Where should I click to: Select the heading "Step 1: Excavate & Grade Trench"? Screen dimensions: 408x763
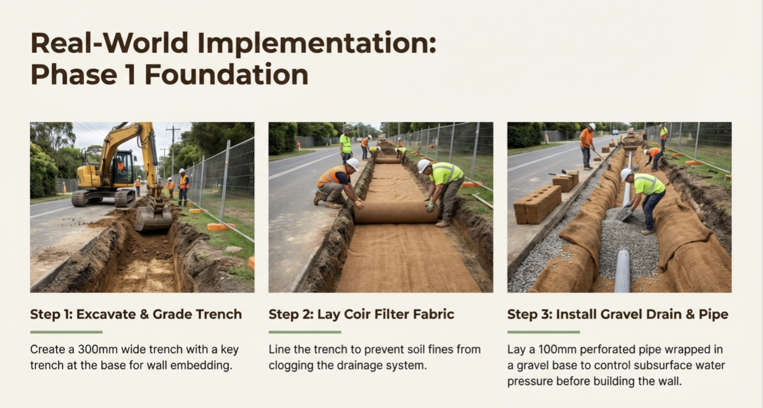point(136,315)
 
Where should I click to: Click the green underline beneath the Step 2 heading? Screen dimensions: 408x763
point(305,332)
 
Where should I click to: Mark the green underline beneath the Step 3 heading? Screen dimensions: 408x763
point(544,332)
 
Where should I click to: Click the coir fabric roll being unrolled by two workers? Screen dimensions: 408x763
point(396,212)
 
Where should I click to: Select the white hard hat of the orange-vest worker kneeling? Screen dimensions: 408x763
point(353,164)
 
